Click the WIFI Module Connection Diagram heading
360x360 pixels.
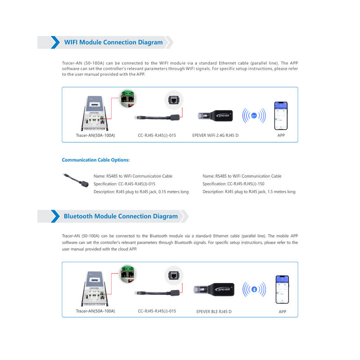click(113, 42)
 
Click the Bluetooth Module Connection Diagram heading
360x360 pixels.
click(121, 216)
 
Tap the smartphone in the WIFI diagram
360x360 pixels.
click(281, 116)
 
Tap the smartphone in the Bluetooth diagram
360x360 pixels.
click(282, 289)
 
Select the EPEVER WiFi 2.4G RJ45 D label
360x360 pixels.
click(216, 135)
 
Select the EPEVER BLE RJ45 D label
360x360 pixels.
click(214, 311)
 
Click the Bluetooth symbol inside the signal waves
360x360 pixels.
click(254, 289)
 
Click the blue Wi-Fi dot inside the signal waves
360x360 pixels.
click(254, 116)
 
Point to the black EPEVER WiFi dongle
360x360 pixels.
click(215, 116)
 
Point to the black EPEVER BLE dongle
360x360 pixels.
click(214, 289)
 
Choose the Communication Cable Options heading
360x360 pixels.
click(96, 160)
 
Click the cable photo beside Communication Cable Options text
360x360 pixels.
click(76, 180)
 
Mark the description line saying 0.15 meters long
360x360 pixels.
click(141, 192)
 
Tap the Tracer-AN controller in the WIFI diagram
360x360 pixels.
click(94, 113)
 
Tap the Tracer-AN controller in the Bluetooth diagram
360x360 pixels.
click(94, 288)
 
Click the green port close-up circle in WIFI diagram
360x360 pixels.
click(127, 99)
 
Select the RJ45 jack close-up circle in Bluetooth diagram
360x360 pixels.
click(174, 275)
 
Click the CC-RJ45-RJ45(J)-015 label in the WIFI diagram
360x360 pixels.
click(157, 135)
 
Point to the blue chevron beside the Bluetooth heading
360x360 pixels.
click(55, 216)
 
